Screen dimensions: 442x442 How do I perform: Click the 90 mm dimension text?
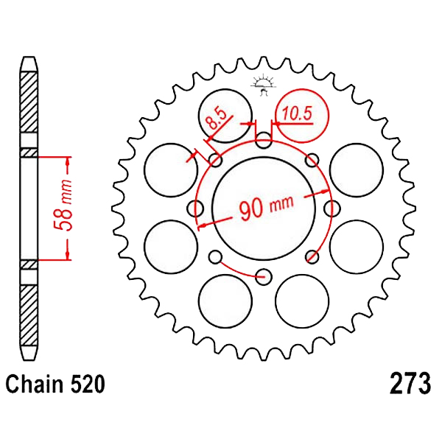click(x=267, y=207)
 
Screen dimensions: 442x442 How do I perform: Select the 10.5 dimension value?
click(x=297, y=113)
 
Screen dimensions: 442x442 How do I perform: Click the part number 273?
click(x=410, y=384)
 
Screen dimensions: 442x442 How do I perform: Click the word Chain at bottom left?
click(x=35, y=384)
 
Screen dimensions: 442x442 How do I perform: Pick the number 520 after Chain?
click(x=88, y=384)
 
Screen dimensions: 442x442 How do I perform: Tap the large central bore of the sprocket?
click(x=264, y=208)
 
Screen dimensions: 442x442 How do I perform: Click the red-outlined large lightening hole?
click(x=302, y=116)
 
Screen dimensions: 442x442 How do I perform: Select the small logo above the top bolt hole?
click(x=263, y=85)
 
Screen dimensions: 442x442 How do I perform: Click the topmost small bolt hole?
click(x=264, y=141)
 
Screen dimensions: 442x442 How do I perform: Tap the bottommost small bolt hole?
click(x=264, y=276)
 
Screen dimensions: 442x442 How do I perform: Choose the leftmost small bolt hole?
click(x=195, y=208)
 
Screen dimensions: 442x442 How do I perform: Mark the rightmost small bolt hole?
click(x=332, y=208)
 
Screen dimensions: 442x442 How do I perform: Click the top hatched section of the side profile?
click(x=29, y=102)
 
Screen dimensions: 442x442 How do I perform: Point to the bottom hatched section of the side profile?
click(x=29, y=315)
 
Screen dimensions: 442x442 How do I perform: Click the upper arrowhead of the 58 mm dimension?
click(x=67, y=162)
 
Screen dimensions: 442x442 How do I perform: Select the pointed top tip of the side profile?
click(x=29, y=57)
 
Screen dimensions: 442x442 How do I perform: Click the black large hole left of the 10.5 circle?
click(x=225, y=116)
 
